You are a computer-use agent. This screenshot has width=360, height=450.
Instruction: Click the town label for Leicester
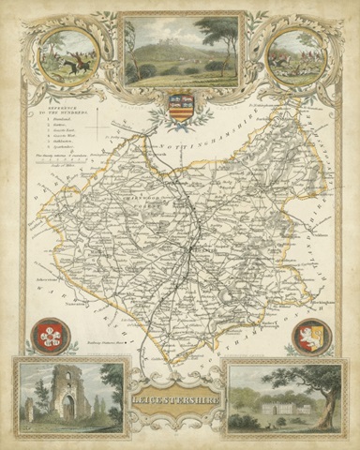(200, 251)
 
